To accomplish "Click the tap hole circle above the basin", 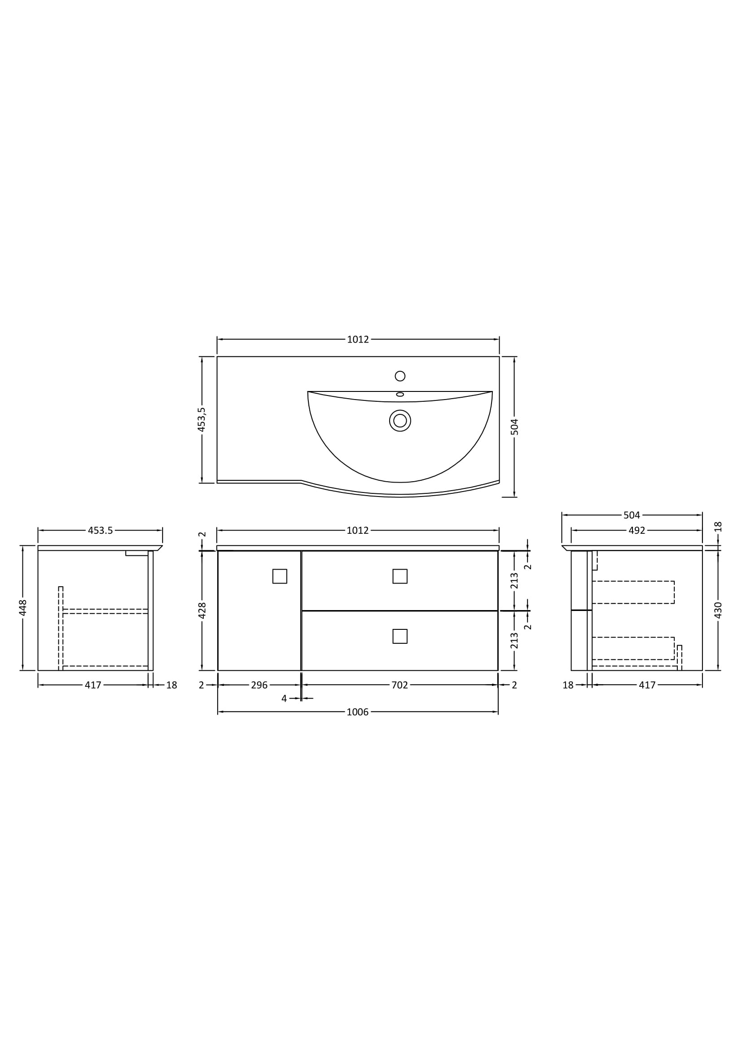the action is coord(400,376).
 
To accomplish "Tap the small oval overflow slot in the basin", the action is coord(400,394).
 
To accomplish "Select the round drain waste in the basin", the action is coord(400,420).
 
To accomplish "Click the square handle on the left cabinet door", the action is coord(280,576).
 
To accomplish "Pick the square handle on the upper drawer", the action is coord(400,576).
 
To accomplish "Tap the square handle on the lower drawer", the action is coord(400,636).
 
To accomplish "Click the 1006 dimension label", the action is coord(357,712).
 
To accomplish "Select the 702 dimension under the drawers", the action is coord(400,685).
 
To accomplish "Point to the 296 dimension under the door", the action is coord(259,685).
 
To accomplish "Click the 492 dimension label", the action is coord(637,530).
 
